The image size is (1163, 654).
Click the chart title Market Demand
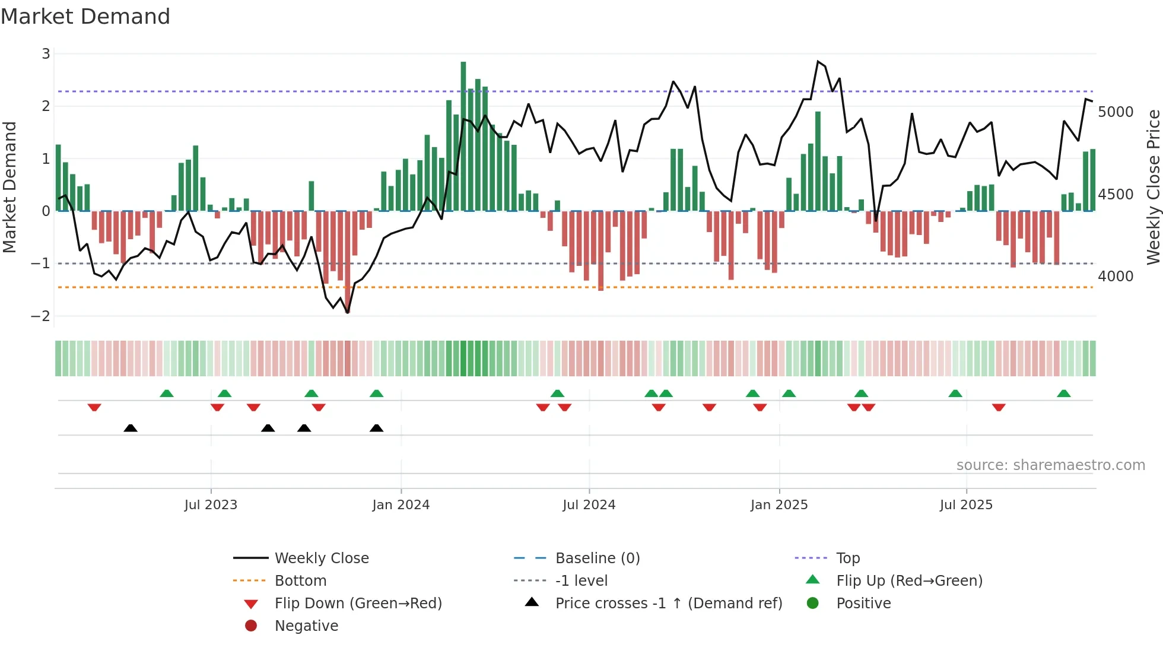tap(85, 17)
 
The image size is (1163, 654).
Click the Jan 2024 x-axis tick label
tap(401, 504)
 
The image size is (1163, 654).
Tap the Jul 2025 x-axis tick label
tap(966, 504)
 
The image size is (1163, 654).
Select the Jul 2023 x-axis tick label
tap(211, 504)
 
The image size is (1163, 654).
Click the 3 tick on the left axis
tap(46, 54)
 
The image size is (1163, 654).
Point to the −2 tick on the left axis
tap(40, 316)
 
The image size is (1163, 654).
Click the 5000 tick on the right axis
tap(1116, 112)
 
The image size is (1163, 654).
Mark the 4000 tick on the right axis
tap(1116, 276)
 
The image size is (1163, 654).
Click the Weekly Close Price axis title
tap(1153, 187)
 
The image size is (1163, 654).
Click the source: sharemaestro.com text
tap(1050, 465)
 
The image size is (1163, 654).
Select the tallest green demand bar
tap(463, 136)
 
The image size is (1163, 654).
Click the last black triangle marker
tap(376, 428)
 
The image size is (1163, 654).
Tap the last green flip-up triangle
tap(1064, 393)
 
